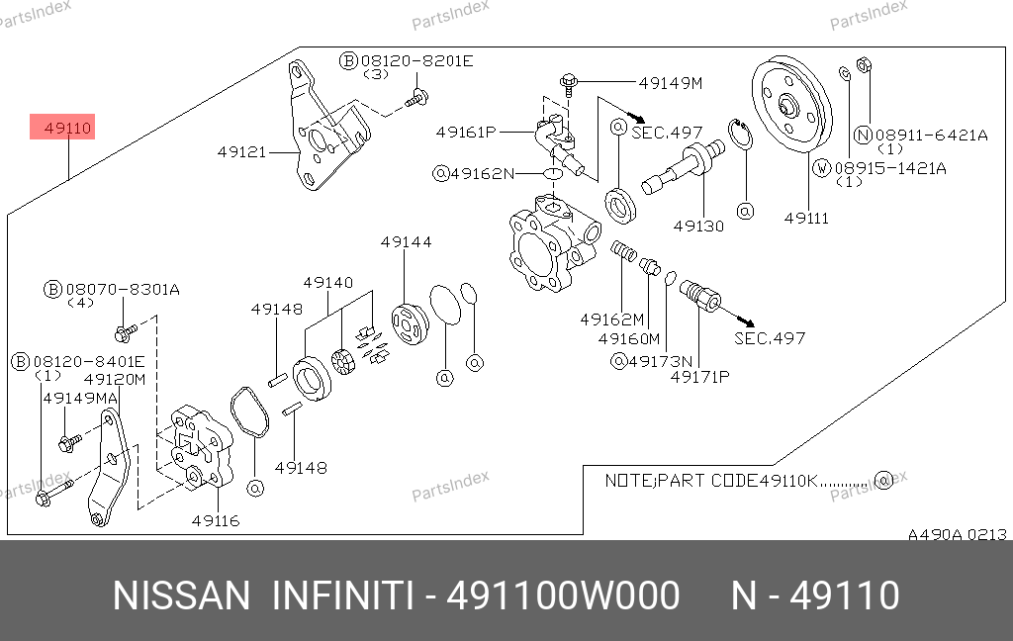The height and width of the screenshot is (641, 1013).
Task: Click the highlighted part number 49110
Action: click(x=68, y=128)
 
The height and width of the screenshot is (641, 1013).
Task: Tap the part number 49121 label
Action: click(x=241, y=152)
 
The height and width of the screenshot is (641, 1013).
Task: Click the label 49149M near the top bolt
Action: click(x=671, y=83)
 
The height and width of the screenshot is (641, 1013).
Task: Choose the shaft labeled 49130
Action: click(x=683, y=166)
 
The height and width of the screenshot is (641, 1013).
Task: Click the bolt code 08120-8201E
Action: click(x=416, y=61)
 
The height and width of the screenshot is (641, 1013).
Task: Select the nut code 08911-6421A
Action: click(x=931, y=136)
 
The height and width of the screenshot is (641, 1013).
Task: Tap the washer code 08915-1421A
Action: click(x=890, y=168)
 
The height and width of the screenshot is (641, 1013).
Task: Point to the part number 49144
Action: click(x=406, y=242)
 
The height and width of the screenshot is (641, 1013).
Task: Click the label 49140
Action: click(x=328, y=283)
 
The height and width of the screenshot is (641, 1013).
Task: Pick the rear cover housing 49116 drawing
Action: click(x=201, y=447)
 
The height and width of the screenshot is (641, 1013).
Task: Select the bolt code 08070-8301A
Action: click(x=123, y=290)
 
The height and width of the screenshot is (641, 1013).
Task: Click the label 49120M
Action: click(x=115, y=379)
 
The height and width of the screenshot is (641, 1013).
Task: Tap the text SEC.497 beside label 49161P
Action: click(x=667, y=133)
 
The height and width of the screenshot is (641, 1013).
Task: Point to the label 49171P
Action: click(x=699, y=377)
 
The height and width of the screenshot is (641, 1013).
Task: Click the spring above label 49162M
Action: click(x=623, y=250)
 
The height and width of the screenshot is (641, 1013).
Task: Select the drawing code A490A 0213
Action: click(x=958, y=535)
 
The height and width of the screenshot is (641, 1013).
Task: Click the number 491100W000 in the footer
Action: click(x=563, y=595)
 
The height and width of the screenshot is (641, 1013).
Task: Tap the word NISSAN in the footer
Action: click(x=182, y=595)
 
